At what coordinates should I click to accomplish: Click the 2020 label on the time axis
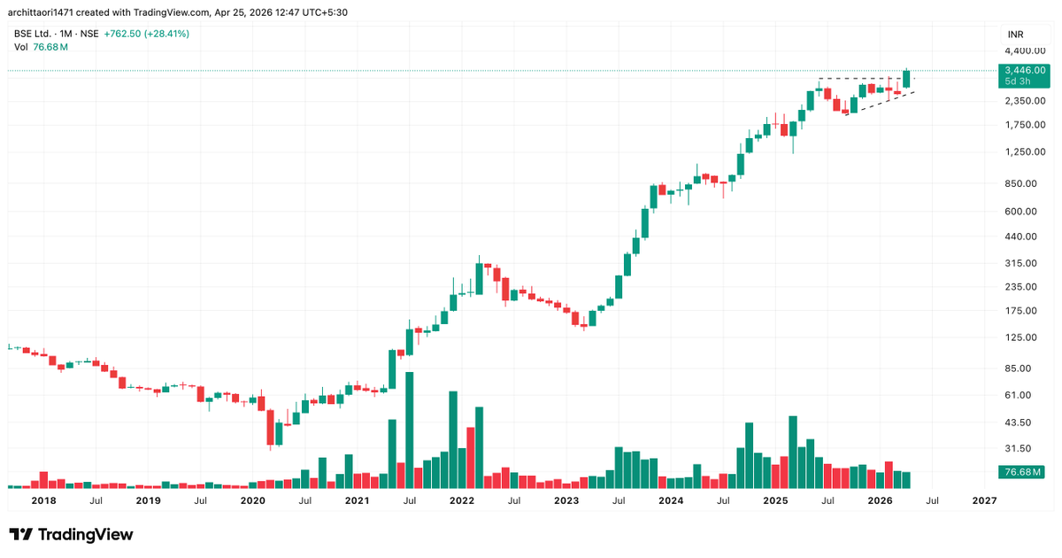click(252, 500)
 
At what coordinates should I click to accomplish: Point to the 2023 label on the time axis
click(566, 500)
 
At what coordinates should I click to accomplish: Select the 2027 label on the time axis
click(984, 500)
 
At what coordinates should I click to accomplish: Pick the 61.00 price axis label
click(1020, 395)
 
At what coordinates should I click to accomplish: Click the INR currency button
click(1016, 34)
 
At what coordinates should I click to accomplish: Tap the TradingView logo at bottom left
click(71, 534)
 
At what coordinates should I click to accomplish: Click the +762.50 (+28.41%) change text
click(146, 34)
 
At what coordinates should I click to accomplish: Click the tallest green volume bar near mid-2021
click(410, 430)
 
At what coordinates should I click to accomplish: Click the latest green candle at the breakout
click(906, 78)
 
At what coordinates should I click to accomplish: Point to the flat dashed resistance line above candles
click(863, 79)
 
